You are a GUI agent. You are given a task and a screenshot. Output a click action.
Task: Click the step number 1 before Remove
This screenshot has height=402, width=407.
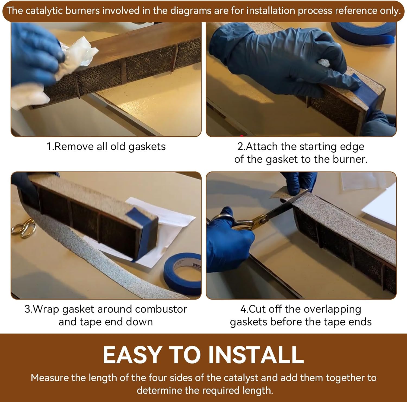pos(49,146)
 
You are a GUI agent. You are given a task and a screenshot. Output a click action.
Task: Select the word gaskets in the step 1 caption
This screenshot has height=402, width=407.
pos(147,147)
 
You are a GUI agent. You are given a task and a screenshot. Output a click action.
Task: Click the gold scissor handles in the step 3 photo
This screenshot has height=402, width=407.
pos(24,228)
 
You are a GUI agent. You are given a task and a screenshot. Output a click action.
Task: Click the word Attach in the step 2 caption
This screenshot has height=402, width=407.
pos(262,146)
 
